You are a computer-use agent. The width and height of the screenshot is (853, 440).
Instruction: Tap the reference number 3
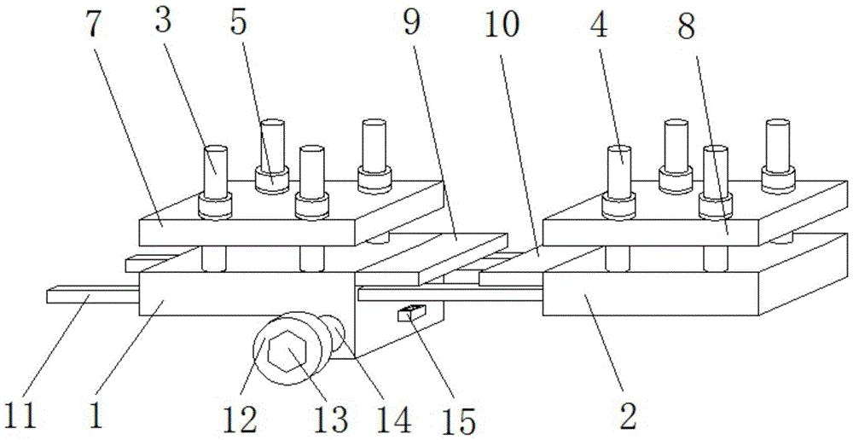click(x=163, y=22)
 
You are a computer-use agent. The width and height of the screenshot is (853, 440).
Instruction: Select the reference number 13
click(x=331, y=420)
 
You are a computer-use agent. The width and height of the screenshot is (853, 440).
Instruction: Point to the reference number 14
click(x=392, y=420)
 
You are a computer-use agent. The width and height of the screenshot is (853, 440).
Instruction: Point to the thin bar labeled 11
click(x=93, y=297)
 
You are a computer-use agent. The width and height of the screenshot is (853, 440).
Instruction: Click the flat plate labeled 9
click(x=432, y=259)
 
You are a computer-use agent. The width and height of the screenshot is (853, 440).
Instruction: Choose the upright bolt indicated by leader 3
click(x=215, y=182)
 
